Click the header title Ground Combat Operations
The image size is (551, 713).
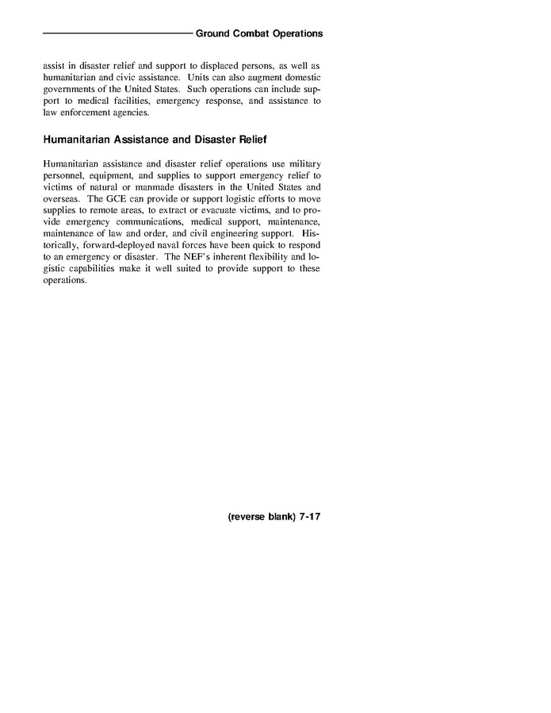(259, 34)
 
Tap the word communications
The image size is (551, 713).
(146, 222)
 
